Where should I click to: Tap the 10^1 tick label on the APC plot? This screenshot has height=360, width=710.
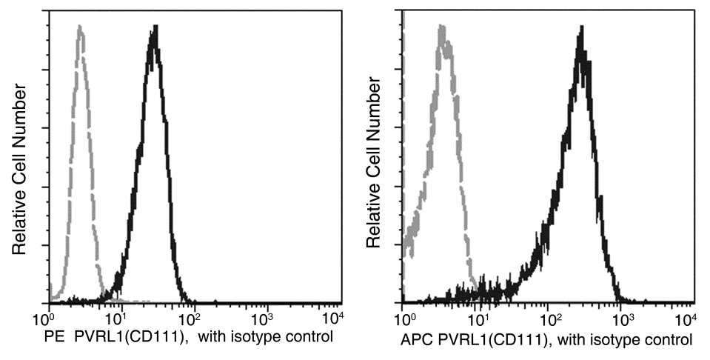[x=478, y=319]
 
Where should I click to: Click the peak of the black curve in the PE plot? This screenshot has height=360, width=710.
[x=155, y=28]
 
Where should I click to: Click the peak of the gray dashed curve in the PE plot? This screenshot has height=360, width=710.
[x=79, y=27]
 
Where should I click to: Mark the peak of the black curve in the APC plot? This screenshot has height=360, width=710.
[x=582, y=28]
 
